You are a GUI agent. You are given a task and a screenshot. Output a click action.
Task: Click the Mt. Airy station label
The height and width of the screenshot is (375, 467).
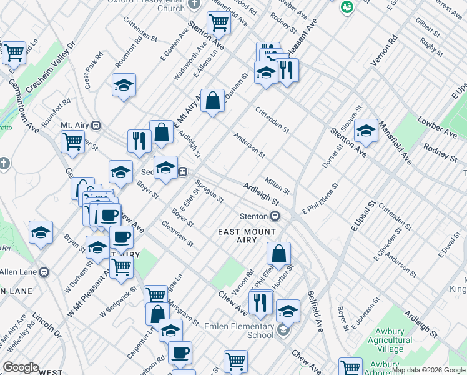76,125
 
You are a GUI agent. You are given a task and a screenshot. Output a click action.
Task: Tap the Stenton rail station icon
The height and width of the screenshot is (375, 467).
274,216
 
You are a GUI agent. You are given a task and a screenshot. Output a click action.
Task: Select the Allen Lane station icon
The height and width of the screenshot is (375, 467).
44,272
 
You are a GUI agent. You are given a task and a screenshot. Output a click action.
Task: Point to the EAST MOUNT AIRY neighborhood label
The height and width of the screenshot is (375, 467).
247,236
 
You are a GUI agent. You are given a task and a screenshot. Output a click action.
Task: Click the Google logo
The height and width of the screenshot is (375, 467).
20,367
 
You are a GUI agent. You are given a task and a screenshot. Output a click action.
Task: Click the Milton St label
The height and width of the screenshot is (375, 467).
277,185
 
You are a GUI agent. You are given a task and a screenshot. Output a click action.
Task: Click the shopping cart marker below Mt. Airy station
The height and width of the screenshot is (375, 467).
73,142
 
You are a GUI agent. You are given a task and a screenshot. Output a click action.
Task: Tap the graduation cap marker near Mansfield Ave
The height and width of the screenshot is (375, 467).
366,131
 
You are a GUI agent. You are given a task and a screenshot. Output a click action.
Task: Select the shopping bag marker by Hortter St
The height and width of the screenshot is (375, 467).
279,254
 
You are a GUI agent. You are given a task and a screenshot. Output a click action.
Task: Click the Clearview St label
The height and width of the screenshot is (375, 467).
176,233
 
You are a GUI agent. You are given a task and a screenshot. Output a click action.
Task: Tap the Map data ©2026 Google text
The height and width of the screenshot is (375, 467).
428,370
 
